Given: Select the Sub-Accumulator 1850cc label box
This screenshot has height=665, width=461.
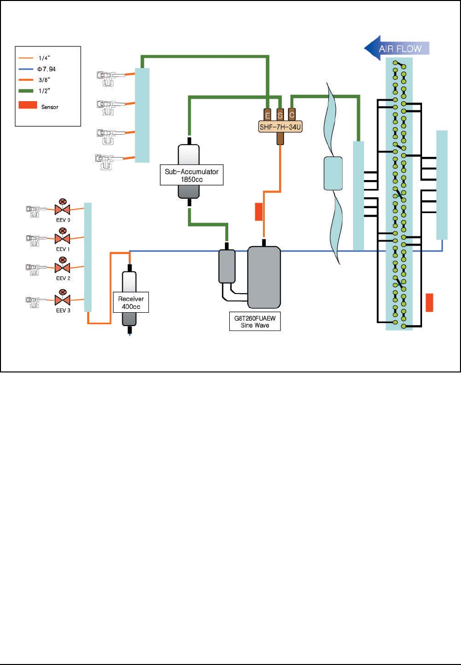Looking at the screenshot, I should [191, 175].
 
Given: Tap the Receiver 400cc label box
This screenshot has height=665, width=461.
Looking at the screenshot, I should [131, 302].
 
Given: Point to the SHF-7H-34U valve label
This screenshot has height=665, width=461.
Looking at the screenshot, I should [280, 127].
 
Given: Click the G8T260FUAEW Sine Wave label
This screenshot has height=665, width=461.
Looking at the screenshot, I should [255, 322].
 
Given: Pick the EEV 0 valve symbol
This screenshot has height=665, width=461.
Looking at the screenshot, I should [63, 209].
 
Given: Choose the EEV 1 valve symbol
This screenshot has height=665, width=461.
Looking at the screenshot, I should [63, 239].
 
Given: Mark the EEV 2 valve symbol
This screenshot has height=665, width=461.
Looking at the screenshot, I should [63, 268].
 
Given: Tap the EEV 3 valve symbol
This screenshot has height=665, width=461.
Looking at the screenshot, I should [63, 300].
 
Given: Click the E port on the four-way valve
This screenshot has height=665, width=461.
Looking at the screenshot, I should [268, 115].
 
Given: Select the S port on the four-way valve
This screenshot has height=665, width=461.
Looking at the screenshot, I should [280, 115].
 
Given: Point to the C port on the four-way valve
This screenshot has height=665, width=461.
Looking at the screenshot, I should [292, 114].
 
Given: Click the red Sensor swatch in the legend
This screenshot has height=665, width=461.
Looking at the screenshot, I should [28, 105].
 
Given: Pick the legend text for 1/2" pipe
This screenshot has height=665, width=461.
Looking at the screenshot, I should [44, 91].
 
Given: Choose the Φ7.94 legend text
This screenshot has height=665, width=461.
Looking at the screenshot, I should [47, 69].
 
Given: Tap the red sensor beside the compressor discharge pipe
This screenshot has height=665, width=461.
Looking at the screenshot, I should [258, 211].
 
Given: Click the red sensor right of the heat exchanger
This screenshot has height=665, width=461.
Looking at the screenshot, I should [429, 302].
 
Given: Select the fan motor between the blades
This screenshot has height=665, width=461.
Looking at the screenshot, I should [333, 173].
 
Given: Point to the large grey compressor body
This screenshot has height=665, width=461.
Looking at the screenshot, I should [264, 277].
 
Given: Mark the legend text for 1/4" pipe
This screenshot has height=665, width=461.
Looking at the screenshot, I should [44, 58].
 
